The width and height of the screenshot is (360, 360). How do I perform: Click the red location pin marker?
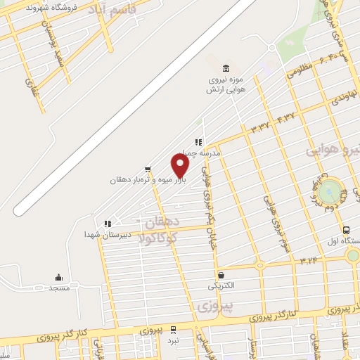[x=180, y=166]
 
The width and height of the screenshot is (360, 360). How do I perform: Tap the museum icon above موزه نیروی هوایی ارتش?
[x=225, y=68]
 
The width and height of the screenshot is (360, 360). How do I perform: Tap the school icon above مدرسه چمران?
[x=199, y=141]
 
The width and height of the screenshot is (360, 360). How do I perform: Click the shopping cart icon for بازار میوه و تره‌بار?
[x=147, y=169]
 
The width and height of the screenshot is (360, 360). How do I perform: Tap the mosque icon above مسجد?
[x=58, y=277]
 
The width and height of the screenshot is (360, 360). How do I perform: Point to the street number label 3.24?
[x=308, y=261]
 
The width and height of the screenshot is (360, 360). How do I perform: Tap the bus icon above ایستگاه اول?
[x=346, y=230]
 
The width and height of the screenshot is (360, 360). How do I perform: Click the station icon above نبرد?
[x=174, y=330]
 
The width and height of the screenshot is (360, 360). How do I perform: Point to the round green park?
[x=329, y=191]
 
